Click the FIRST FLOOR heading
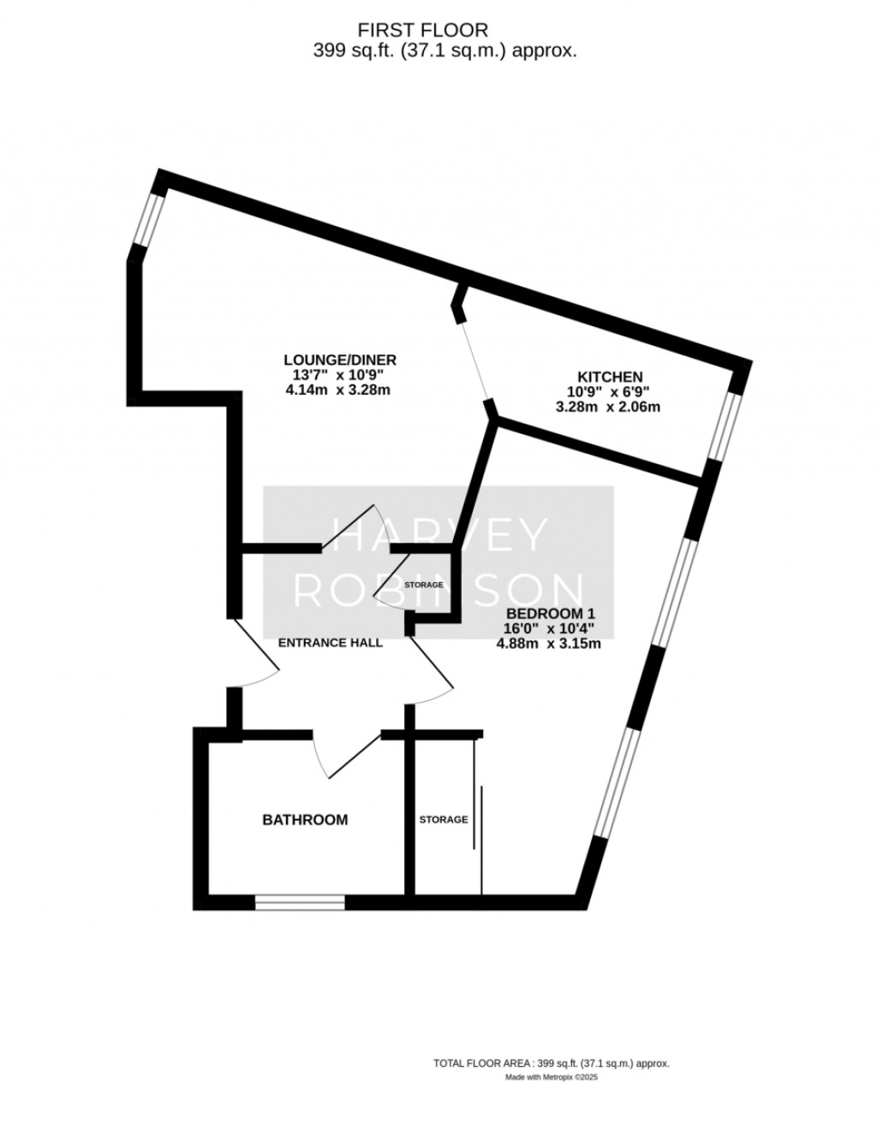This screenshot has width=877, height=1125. pyautogui.click(x=444, y=32)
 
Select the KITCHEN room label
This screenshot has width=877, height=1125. pyautogui.click(x=610, y=376)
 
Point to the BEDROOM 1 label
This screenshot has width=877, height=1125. pyautogui.click(x=550, y=614)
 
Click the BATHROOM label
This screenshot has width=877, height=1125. pyautogui.click(x=305, y=819)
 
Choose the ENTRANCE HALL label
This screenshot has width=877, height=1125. pyautogui.click(x=329, y=642)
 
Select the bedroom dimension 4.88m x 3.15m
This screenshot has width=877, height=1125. pyautogui.click(x=549, y=644)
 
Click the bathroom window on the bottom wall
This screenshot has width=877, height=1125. pyautogui.click(x=300, y=902)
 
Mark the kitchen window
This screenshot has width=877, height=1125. pyautogui.click(x=726, y=426)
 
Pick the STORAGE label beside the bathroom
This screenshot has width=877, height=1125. pyautogui.click(x=443, y=819)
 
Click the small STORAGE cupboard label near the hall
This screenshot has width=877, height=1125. pyautogui.click(x=424, y=585)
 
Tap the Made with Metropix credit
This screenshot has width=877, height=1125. pyautogui.click(x=551, y=1078)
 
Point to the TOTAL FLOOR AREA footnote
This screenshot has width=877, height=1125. pyautogui.click(x=551, y=1062)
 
